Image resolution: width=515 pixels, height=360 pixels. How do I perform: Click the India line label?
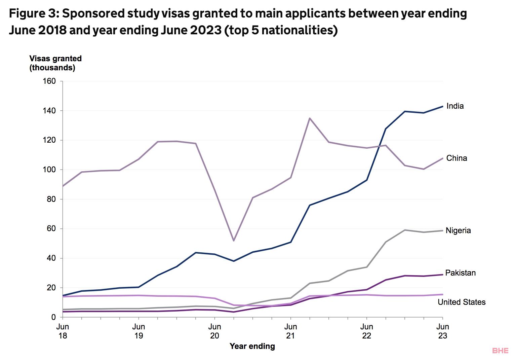coord(455,106)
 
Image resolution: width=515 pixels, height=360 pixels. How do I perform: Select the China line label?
coord(457,158)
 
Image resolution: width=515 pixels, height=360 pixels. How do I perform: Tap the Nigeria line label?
coord(458,230)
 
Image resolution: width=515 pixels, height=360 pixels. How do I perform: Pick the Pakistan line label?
coord(460,273)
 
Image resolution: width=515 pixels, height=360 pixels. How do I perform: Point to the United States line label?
coord(462,302)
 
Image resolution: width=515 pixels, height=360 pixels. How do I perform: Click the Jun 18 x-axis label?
coord(63,331)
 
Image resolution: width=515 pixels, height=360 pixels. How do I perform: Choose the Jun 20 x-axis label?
coord(214,331)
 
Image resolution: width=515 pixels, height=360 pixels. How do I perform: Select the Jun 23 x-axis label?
coord(443,331)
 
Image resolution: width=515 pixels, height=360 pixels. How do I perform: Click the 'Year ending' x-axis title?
coord(252,346)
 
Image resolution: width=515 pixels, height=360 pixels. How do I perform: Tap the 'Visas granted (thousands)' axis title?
coord(55,63)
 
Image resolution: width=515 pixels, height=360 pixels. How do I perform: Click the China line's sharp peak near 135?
coord(310,118)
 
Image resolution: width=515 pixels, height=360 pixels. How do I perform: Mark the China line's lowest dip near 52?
coord(233,241)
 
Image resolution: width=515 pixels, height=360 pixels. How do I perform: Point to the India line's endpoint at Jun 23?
coord(442,106)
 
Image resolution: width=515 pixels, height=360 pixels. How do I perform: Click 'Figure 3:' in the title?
coord(33,14)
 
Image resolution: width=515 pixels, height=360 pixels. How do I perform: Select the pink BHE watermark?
coord(500,351)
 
